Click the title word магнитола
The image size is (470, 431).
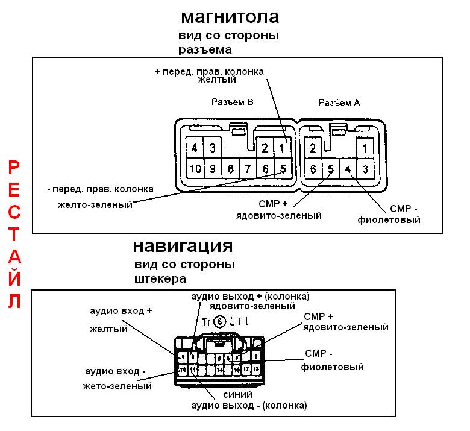tap(230, 16)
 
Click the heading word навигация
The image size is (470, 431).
tap(183, 246)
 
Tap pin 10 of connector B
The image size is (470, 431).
tap(195, 169)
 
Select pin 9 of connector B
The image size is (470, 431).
tap(211, 169)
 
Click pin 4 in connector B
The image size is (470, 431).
tap(195, 148)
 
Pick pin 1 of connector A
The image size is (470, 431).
tap(365, 148)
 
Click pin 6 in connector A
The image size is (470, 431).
tap(314, 169)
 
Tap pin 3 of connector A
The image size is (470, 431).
tap(365, 169)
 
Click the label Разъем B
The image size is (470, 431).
tap(232, 102)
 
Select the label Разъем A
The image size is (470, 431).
tap(339, 103)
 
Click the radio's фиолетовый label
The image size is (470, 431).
tap(389, 220)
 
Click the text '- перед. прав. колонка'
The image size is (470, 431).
tap(100, 189)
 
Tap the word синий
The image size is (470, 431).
tap(233, 395)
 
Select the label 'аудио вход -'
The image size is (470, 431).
tap(115, 371)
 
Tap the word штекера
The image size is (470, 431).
tap(160, 279)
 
